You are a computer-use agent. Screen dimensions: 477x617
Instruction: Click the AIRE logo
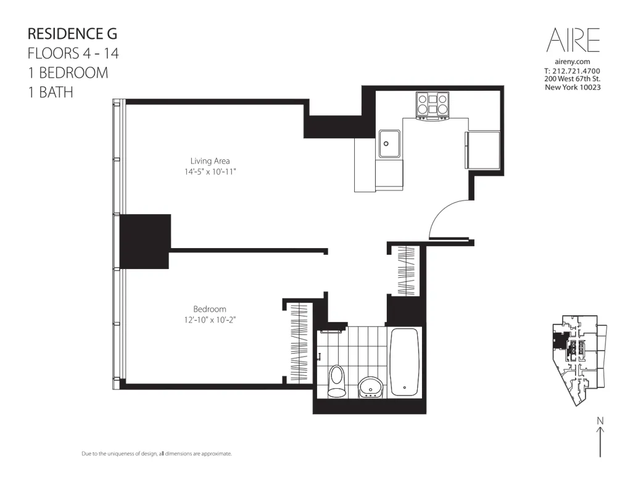(x=573, y=40)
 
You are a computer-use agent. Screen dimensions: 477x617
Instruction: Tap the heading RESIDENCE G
(x=72, y=33)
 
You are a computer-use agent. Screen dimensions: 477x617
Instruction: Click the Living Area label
(x=210, y=161)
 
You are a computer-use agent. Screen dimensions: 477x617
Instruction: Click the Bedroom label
(x=210, y=309)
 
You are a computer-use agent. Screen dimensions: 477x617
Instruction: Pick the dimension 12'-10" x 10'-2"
(x=210, y=319)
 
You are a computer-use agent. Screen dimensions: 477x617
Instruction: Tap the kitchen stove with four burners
(x=433, y=104)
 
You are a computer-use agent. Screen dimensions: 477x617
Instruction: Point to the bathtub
(x=405, y=362)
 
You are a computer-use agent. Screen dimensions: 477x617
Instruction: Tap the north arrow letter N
(x=600, y=421)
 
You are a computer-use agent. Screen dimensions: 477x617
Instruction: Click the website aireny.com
(x=573, y=62)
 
